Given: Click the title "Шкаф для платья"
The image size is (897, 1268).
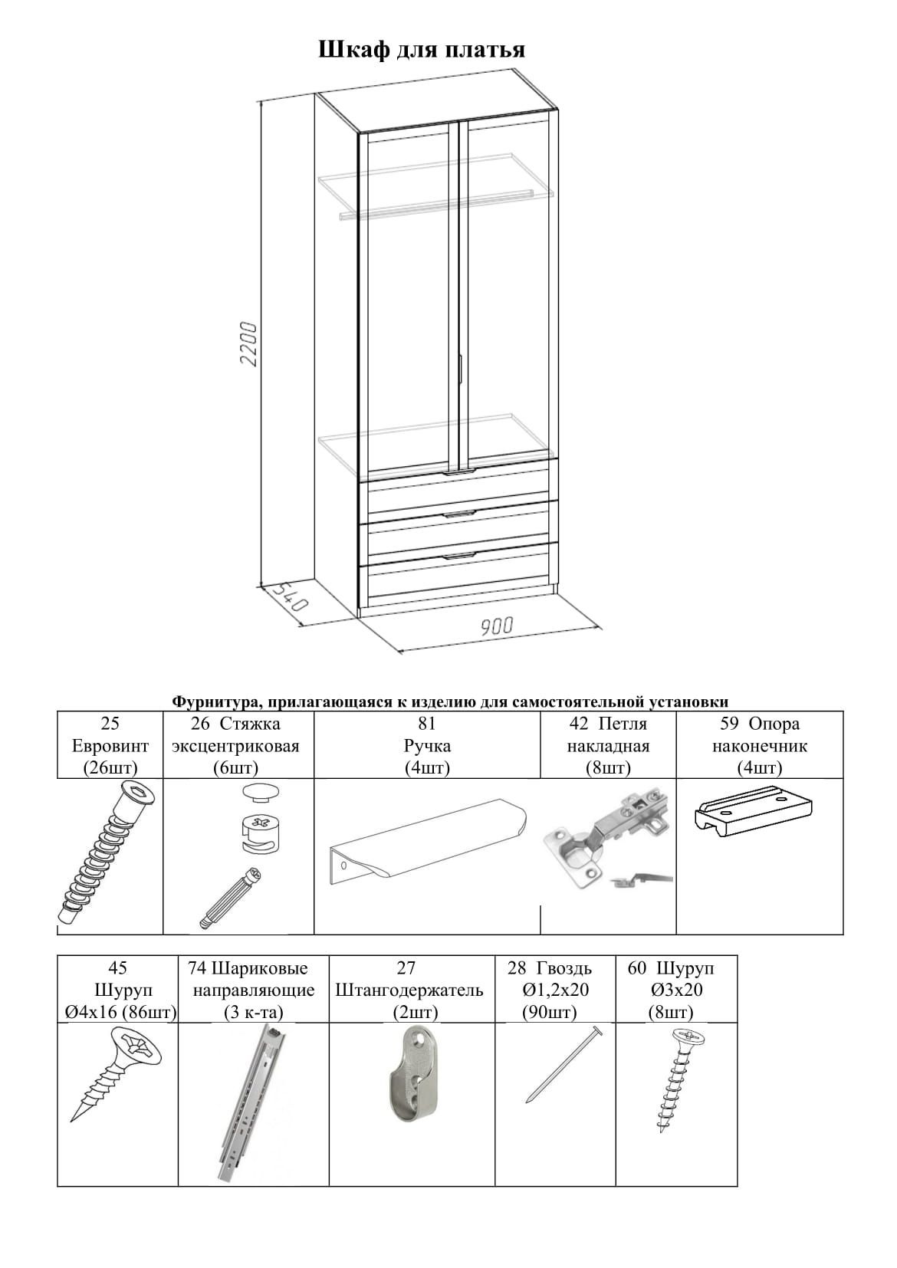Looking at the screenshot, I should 421,50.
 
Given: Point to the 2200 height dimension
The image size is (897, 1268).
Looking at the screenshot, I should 249,343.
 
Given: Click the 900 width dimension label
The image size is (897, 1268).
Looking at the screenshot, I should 497,626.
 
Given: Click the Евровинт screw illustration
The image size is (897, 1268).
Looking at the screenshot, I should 107,855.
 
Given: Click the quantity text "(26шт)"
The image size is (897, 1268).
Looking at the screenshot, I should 110,767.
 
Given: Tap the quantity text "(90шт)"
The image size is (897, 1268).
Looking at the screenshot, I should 548,1012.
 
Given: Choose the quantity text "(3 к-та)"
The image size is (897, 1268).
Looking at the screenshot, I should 253,1012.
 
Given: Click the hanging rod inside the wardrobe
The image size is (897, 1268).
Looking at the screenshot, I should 437,204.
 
